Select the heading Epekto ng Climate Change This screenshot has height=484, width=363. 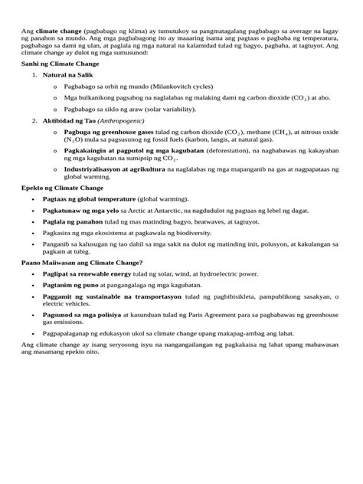(58, 187)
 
